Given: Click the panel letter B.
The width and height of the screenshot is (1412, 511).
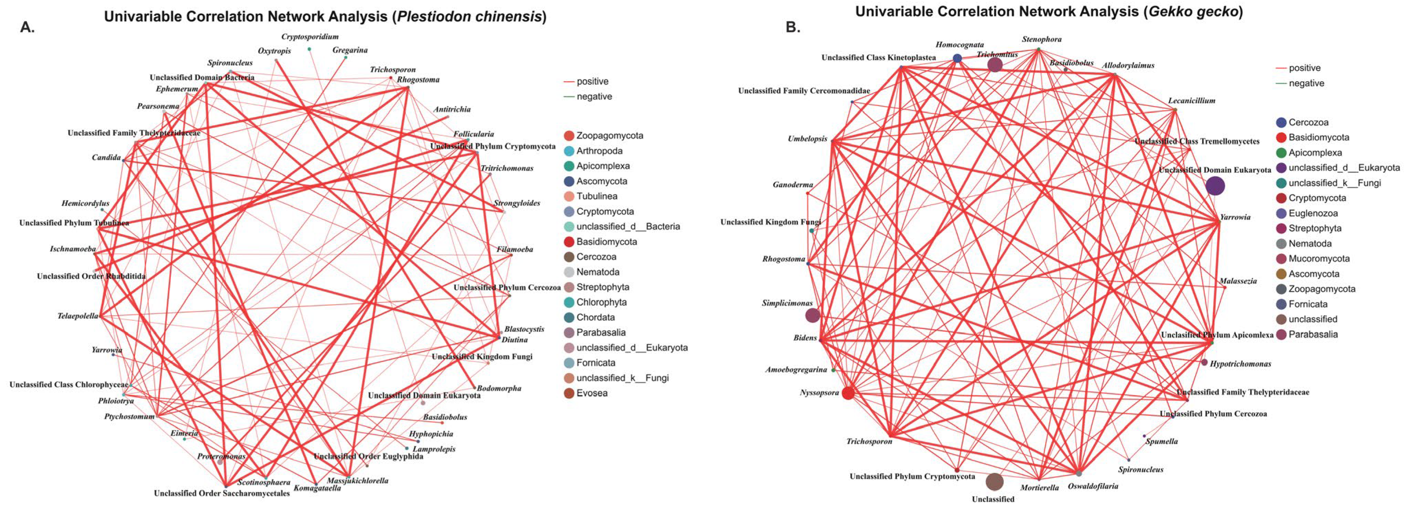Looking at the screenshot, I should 793,27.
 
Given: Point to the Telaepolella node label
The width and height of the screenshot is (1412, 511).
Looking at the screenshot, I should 78,316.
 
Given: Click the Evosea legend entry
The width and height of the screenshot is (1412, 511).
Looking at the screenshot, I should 592,393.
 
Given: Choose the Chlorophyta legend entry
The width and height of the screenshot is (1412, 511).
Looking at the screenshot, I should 601,302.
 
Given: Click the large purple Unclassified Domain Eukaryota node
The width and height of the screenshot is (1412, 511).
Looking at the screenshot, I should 1215,186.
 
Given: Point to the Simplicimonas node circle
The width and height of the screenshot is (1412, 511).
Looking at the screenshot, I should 812,315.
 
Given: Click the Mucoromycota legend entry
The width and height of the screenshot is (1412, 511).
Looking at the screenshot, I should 1318,259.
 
